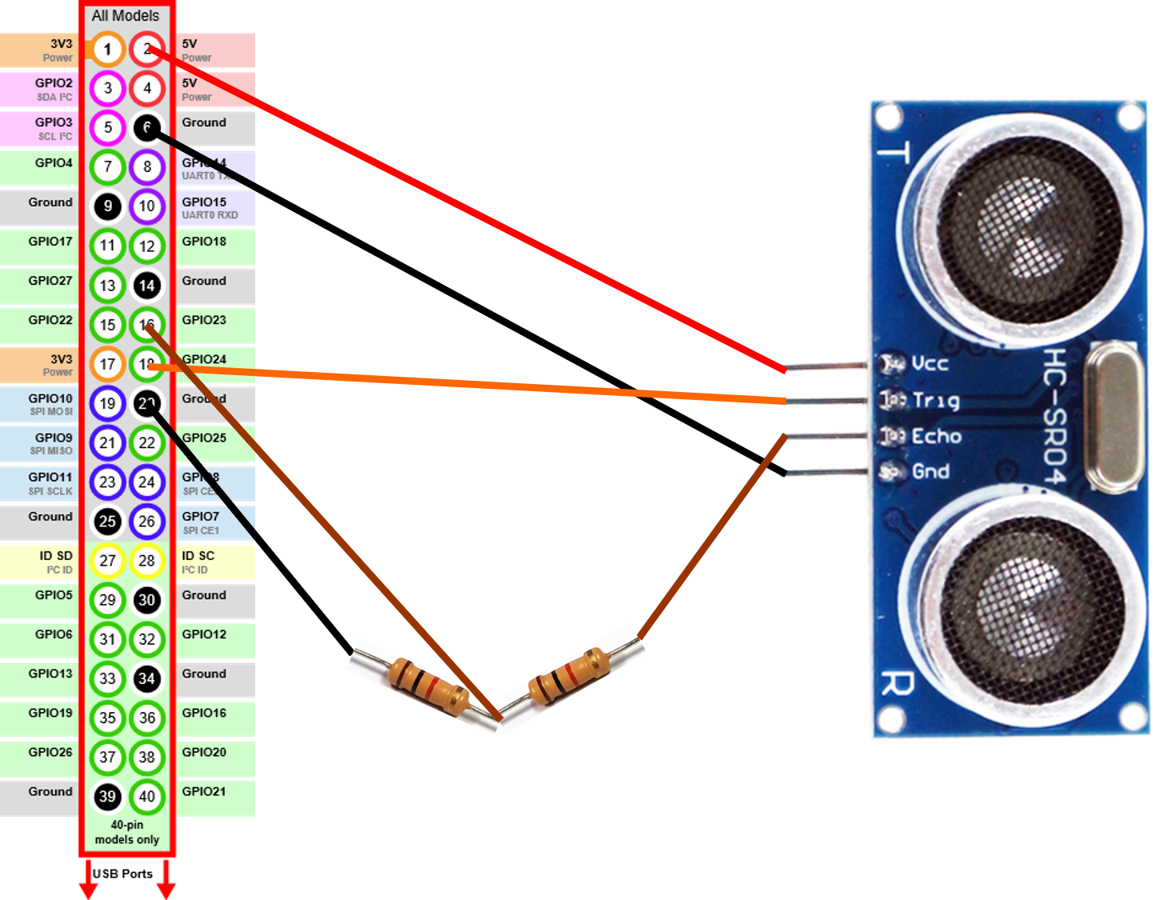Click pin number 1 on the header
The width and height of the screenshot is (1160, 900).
coord(107,49)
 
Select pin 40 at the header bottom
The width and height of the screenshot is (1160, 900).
coord(146,796)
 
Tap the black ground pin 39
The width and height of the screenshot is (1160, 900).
coord(107,796)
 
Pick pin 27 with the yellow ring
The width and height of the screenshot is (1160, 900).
coord(107,561)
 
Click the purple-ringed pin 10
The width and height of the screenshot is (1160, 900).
coord(146,206)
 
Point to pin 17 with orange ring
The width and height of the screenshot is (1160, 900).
coord(107,364)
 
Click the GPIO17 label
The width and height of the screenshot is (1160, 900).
coord(50,242)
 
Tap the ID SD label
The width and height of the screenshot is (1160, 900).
coord(56,556)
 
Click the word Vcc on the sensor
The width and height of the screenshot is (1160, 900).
coord(930,363)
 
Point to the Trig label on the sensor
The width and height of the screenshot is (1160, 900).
coord(936,400)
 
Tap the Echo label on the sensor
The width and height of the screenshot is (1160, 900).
coord(936,436)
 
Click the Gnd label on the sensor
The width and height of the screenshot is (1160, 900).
coord(930,471)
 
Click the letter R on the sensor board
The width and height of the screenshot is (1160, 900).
coord(897,684)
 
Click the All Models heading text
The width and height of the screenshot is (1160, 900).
coord(126,15)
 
